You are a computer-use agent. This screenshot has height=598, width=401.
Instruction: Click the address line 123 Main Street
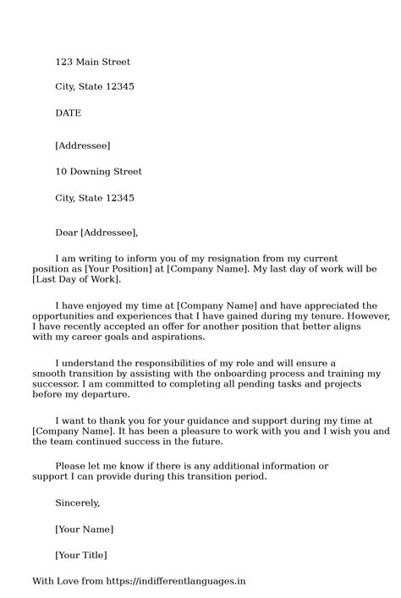pyautogui.click(x=92, y=62)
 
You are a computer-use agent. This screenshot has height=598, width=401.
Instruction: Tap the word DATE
pyautogui.click(x=69, y=112)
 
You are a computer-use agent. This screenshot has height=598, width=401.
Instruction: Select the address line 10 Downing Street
pyautogui.click(x=98, y=172)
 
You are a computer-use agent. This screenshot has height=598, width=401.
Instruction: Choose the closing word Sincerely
pyautogui.click(x=77, y=502)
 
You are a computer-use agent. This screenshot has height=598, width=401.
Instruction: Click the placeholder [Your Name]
pyautogui.click(x=84, y=529)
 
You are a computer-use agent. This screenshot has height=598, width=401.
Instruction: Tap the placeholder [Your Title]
pyautogui.click(x=80, y=555)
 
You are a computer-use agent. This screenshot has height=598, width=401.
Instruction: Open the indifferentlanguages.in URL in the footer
pyautogui.click(x=184, y=581)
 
